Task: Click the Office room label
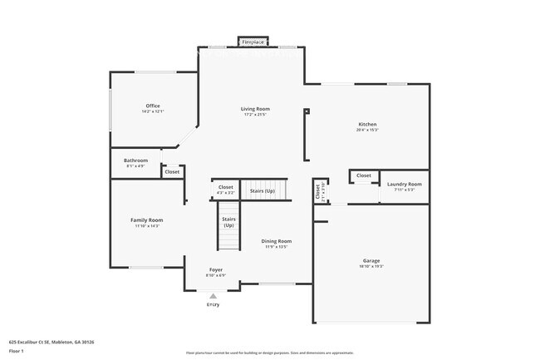click(x=153, y=106)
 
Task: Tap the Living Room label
click(x=256, y=109)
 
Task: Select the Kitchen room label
click(x=367, y=124)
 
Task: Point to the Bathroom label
click(x=135, y=160)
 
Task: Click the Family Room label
click(x=145, y=219)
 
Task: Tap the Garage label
click(x=371, y=261)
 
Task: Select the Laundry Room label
click(x=405, y=184)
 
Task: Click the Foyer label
click(x=215, y=270)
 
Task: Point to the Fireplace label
click(x=253, y=41)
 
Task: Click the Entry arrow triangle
click(x=213, y=295)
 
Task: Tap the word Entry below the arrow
click(x=214, y=305)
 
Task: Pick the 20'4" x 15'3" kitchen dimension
click(x=367, y=130)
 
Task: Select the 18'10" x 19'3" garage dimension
click(x=371, y=267)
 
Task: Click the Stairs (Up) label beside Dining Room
click(x=228, y=222)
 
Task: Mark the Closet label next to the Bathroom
click(x=172, y=172)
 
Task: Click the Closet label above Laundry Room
click(x=364, y=175)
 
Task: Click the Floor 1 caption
click(x=17, y=352)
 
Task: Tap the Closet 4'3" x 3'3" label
click(x=226, y=190)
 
